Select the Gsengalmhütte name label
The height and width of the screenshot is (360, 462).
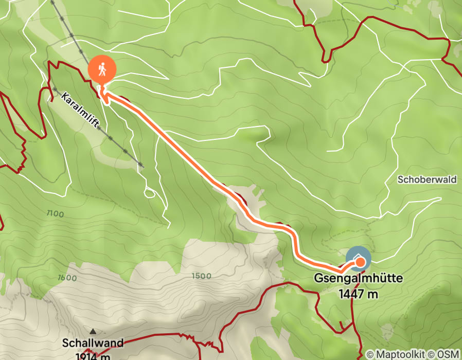coord(359,280)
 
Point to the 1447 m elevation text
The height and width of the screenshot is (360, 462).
coord(359,294)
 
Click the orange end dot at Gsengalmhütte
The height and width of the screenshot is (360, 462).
coord(360,263)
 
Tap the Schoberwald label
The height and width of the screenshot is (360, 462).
coord(427,179)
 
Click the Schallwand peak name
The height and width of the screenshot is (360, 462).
coord(93,343)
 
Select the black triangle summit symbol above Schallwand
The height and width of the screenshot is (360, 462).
coord(93,331)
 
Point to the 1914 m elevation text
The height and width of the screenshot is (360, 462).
coord(93,355)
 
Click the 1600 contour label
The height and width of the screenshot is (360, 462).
coord(67,278)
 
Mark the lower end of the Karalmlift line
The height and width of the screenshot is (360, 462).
coord(140,166)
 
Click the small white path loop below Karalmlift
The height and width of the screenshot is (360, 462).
coord(150,193)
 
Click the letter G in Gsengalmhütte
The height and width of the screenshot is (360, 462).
coord(318,280)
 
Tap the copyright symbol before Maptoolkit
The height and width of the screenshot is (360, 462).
coord(371,354)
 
